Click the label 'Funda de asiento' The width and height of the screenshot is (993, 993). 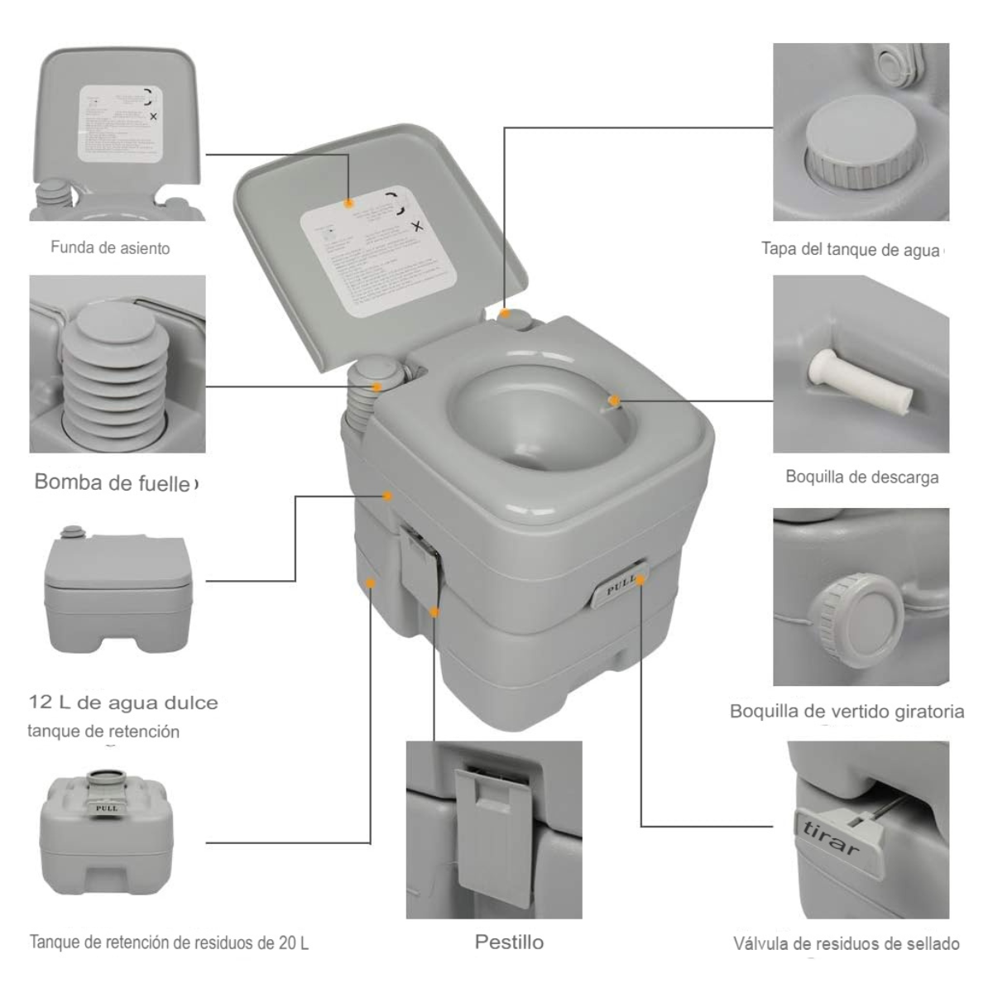[x=110, y=247]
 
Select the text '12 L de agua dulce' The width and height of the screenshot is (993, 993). [x=123, y=703]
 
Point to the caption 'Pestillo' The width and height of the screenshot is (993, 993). [x=509, y=942]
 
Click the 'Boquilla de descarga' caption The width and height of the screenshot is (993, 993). [x=861, y=477]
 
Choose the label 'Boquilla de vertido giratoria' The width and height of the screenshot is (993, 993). [x=847, y=712]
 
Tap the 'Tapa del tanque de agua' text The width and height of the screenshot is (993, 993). [x=851, y=249]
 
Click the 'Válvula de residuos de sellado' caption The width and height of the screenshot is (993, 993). [x=846, y=944]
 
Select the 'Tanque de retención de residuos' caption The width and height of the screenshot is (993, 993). [x=169, y=943]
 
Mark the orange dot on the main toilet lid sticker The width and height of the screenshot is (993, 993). [x=349, y=203]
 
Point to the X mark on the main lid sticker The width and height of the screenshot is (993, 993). [x=417, y=226]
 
